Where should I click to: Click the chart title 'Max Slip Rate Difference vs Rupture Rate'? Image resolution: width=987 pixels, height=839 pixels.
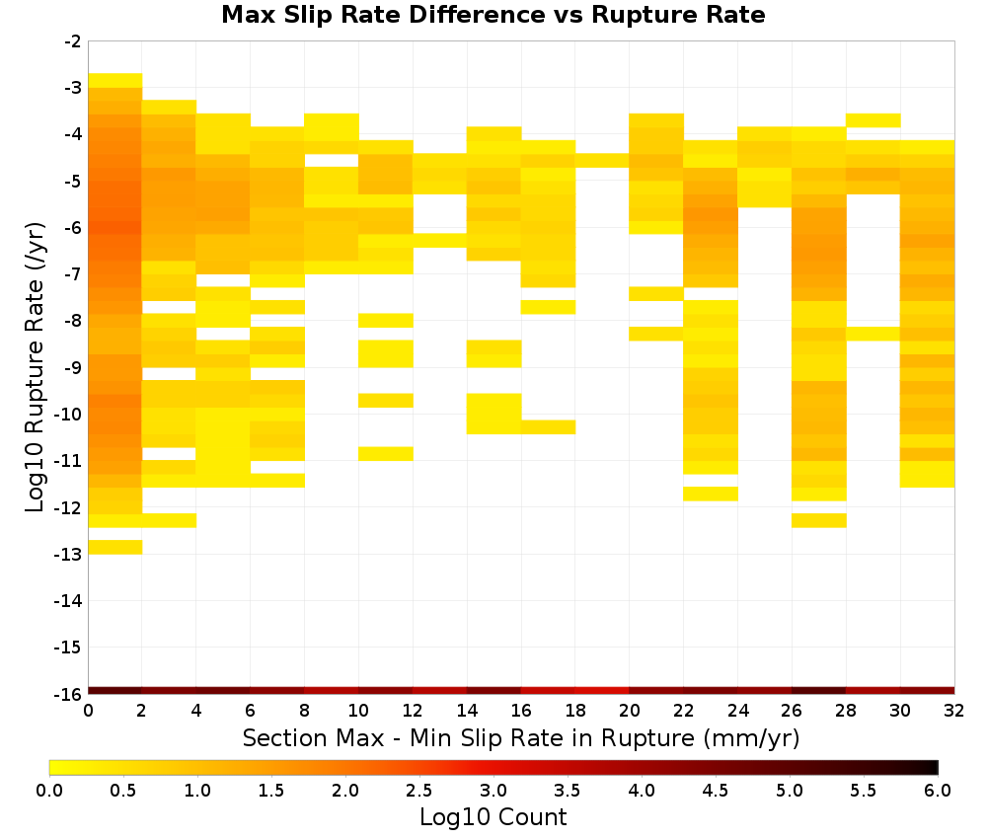(493, 14)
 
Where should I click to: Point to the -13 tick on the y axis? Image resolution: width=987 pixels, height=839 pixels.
(73, 555)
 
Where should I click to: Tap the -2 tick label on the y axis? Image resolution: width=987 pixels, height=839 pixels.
(73, 41)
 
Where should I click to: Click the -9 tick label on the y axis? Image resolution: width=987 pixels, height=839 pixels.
(73, 367)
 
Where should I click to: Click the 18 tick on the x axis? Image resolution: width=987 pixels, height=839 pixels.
(575, 711)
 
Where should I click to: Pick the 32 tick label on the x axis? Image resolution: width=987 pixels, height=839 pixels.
(954, 711)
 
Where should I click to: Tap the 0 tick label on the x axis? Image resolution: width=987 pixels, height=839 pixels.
(88, 711)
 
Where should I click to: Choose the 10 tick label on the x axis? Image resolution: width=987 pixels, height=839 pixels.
(359, 711)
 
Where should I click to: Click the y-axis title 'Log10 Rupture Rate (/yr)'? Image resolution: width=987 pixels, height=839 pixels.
(35, 367)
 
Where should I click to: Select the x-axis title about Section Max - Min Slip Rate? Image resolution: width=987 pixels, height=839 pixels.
(521, 738)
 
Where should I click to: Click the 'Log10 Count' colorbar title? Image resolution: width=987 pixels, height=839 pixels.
(493, 817)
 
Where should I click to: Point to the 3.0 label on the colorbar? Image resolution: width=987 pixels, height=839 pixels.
(493, 790)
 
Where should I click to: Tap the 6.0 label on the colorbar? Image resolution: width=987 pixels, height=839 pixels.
(938, 790)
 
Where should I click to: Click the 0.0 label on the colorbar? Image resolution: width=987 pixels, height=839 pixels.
(49, 790)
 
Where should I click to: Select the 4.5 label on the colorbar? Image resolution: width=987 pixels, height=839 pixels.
(715, 790)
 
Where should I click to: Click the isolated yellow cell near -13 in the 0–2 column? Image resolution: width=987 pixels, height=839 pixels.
(115, 547)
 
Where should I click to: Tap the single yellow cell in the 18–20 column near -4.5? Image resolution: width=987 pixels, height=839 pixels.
(602, 161)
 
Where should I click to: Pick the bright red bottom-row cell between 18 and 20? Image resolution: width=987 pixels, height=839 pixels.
(602, 691)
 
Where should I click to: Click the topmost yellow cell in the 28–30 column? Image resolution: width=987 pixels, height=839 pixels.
(873, 120)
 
